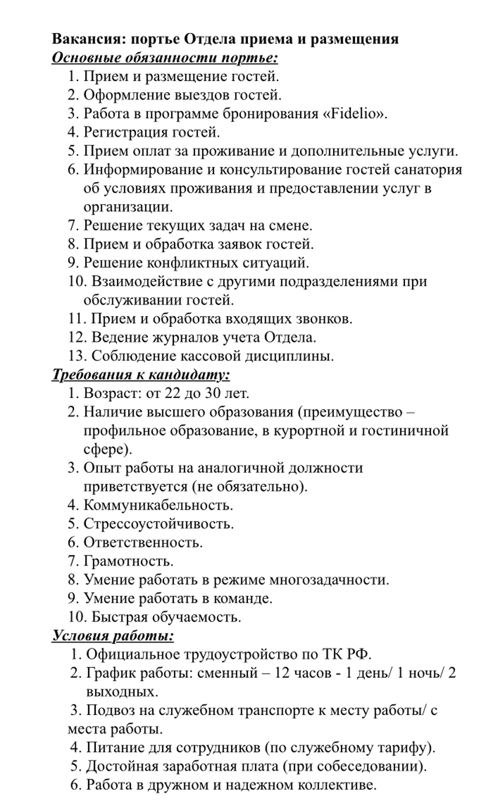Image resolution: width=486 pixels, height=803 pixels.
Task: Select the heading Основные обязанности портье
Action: tap(165, 58)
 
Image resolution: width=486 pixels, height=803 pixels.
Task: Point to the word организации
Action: tap(128, 207)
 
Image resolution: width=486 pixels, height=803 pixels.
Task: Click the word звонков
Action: tap(320, 319)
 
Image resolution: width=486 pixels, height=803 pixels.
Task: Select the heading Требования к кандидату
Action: tap(140, 374)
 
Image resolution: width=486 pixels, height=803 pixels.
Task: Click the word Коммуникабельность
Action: tap(158, 505)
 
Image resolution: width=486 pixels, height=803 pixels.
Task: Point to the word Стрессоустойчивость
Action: tap(159, 523)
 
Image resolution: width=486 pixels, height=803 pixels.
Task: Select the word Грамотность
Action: tap(129, 561)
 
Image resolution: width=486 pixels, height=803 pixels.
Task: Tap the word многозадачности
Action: tap(329, 580)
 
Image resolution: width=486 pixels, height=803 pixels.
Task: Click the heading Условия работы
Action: tap(113, 636)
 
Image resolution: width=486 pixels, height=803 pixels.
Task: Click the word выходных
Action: tap(122, 692)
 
